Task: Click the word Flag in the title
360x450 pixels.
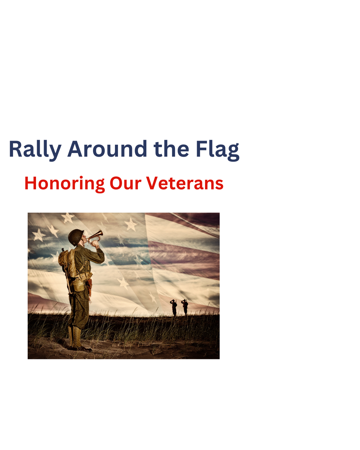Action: (x=217, y=149)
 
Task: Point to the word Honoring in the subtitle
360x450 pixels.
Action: (x=64, y=184)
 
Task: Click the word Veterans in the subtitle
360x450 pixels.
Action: (x=185, y=183)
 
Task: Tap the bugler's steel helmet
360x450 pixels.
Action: (x=76, y=237)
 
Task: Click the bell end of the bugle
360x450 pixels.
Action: (x=99, y=233)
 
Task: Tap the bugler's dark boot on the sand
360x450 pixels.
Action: (x=82, y=348)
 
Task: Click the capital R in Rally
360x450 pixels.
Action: (x=15, y=149)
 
